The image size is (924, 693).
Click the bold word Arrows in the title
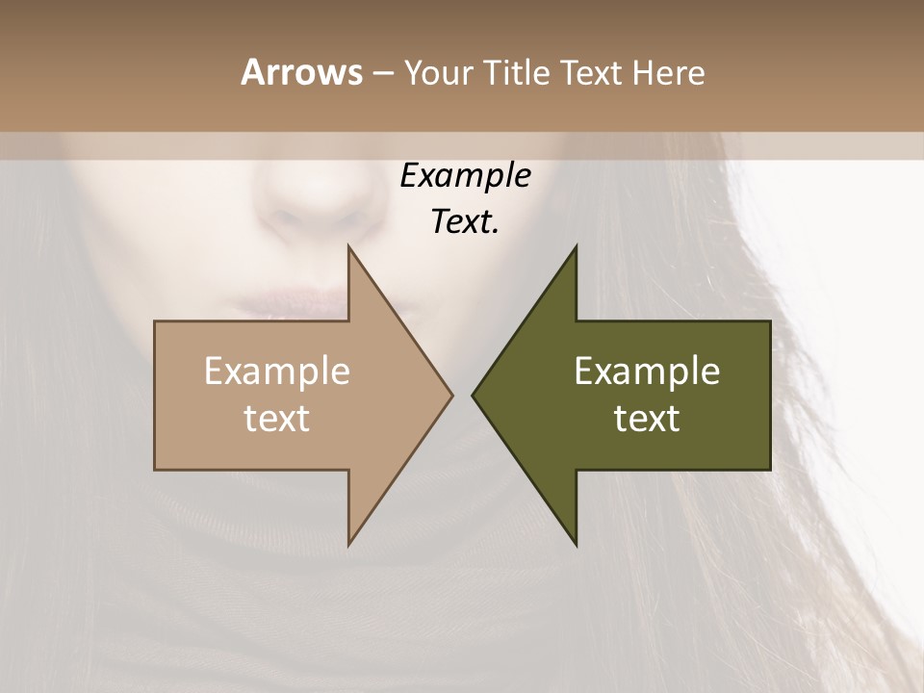tap(301, 72)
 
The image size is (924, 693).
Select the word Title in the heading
tap(519, 72)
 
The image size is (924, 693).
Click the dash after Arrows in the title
tap(382, 73)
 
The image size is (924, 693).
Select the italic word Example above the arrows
tap(465, 176)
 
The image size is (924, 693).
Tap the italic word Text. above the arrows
tap(465, 222)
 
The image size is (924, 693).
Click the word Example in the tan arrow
tap(276, 372)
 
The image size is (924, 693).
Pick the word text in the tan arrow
tap(276, 419)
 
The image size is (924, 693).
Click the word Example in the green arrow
tap(647, 372)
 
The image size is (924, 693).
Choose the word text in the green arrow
tap(647, 419)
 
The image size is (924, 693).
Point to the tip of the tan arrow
tap(450, 395)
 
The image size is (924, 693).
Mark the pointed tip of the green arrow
tap(474, 395)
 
